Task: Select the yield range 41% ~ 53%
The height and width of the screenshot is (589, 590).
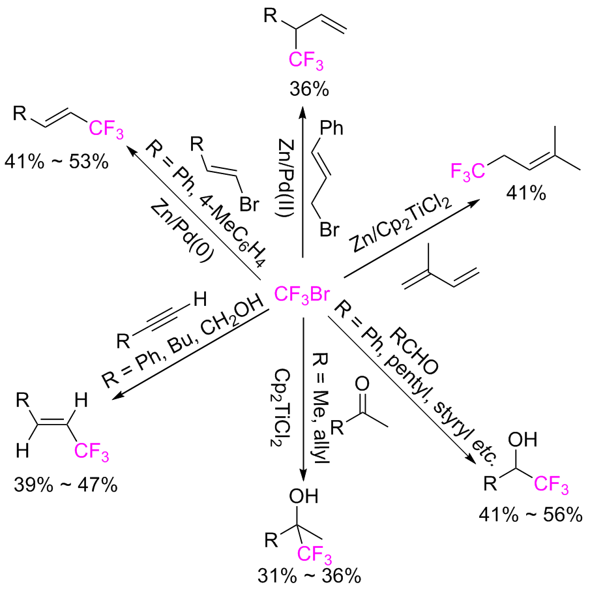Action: pos(55,160)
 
